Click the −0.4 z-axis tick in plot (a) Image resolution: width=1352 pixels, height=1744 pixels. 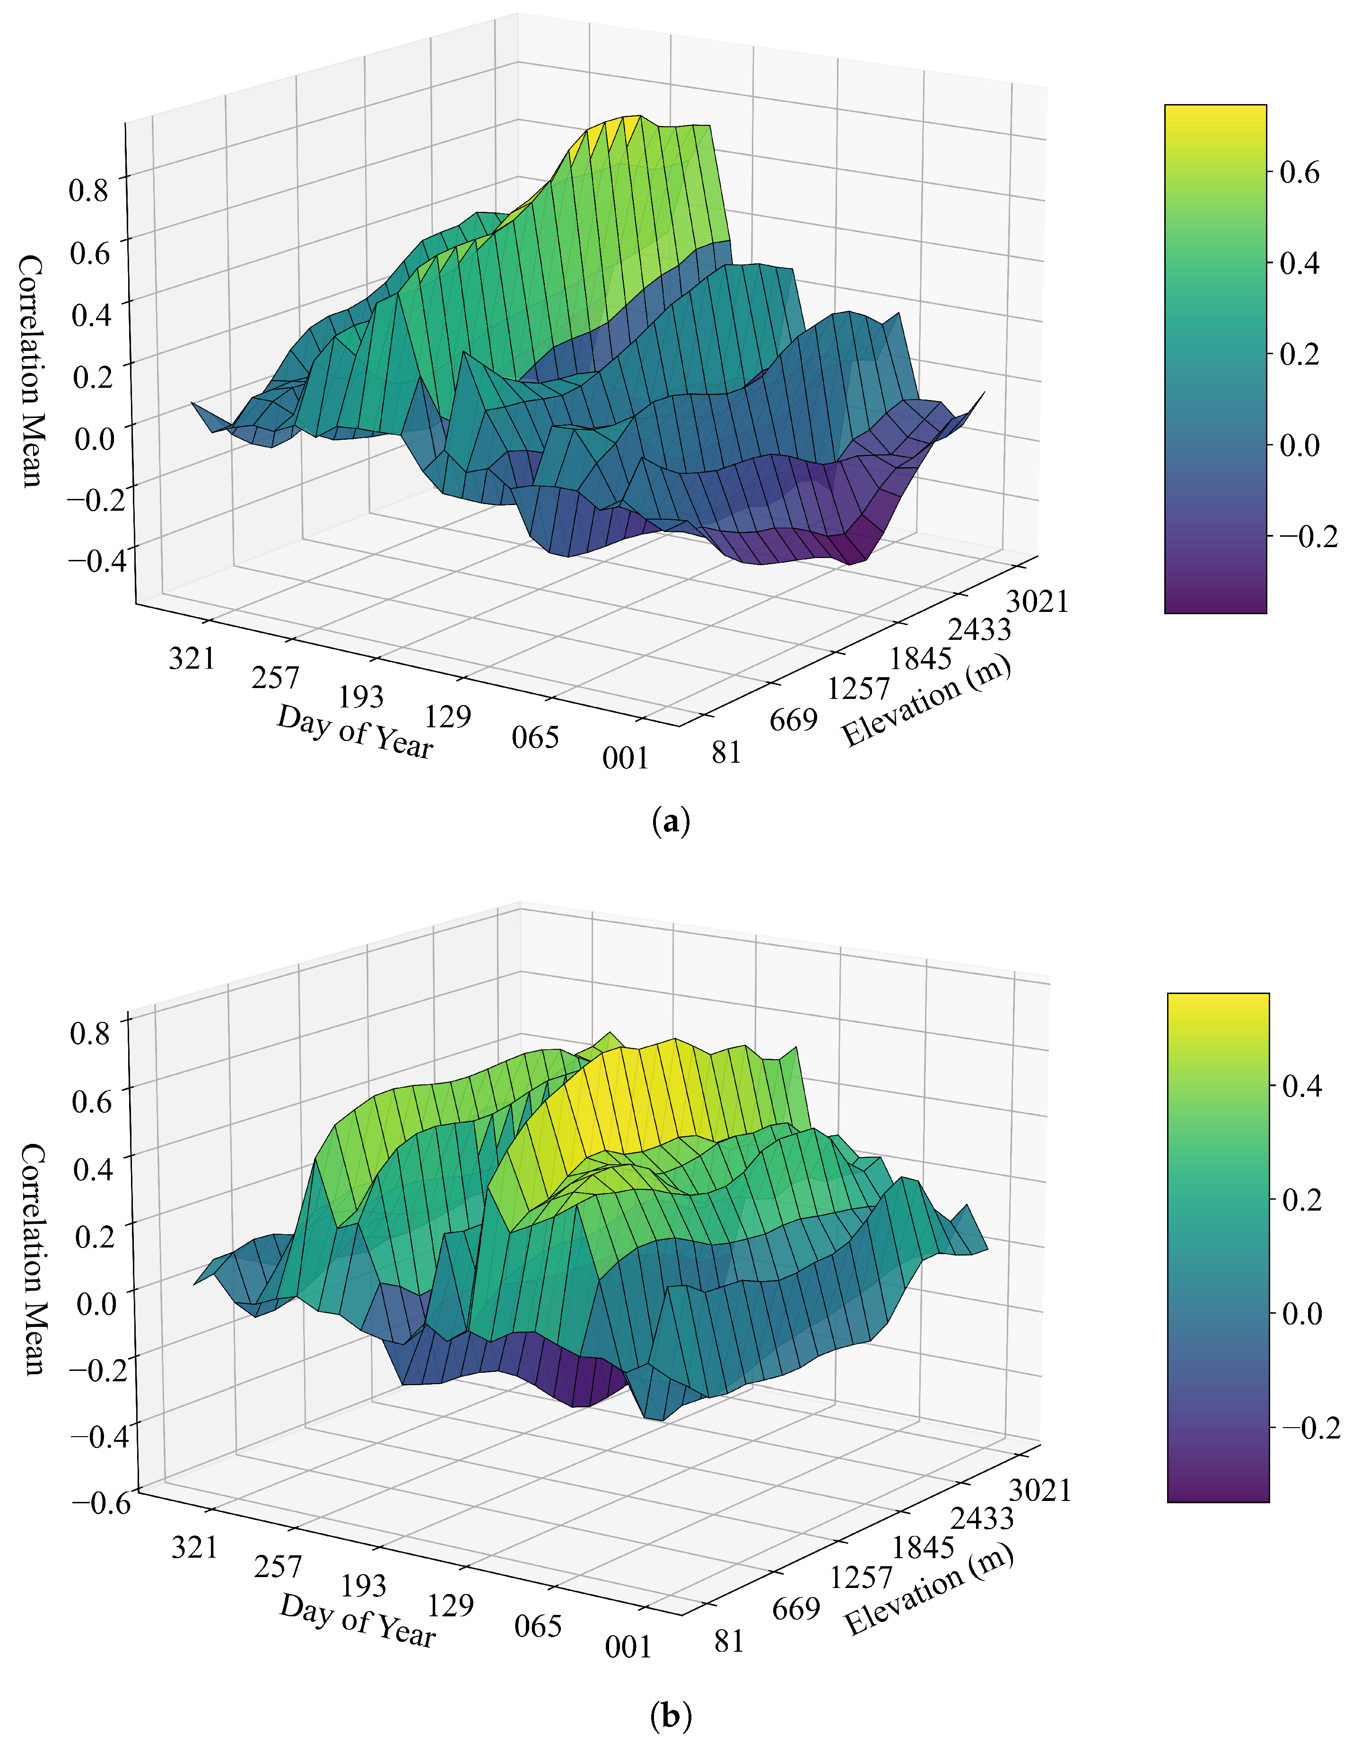(96, 560)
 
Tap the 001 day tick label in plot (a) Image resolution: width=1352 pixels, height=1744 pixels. (625, 757)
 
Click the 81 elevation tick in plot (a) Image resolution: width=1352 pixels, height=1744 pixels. (726, 752)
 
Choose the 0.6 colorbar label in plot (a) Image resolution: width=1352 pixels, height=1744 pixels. (1300, 173)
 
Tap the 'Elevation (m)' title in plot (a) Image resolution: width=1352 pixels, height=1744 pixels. (926, 702)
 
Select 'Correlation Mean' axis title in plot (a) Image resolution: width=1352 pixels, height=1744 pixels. (30, 371)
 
